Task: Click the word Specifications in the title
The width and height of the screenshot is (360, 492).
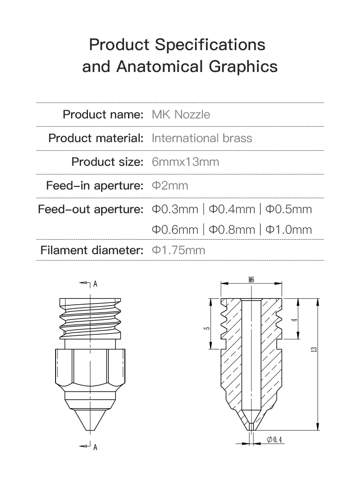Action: point(210,45)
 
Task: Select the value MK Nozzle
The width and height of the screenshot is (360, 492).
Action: point(181,114)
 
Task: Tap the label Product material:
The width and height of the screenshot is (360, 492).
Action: point(96,138)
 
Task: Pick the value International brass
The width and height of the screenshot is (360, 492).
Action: point(201,138)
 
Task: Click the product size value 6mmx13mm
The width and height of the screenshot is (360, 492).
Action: point(185,162)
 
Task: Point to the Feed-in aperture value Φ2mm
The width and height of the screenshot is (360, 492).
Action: point(170,186)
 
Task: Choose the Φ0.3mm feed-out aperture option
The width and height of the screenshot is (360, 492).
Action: point(175,210)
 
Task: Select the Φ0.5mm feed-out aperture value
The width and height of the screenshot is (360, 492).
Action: point(288,210)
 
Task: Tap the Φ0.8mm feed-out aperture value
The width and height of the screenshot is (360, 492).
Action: point(231,230)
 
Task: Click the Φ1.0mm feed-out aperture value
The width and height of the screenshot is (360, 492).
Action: point(288,230)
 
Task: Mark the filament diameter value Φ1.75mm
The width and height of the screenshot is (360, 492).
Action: point(178,250)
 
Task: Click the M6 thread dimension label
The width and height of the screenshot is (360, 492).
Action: point(252,280)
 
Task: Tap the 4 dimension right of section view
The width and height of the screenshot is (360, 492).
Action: point(295,319)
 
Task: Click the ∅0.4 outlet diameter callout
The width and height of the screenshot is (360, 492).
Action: point(274,440)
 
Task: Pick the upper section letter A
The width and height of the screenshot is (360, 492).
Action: point(95,284)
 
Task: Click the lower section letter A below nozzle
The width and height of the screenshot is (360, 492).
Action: point(95,447)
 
